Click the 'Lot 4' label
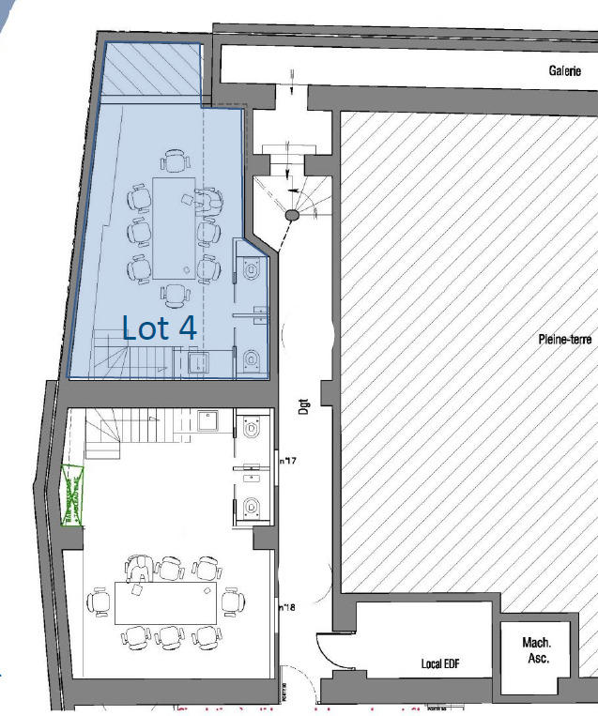coord(160,328)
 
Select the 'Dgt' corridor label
coord(303,405)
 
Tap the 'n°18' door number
coord(287,607)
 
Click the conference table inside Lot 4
coord(174,228)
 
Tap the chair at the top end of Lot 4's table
coord(174,161)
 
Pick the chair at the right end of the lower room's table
coord(231,600)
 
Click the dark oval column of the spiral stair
coord(293,216)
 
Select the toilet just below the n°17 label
coord(251,508)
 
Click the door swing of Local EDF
coord(330,647)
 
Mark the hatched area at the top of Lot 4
coord(152,73)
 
